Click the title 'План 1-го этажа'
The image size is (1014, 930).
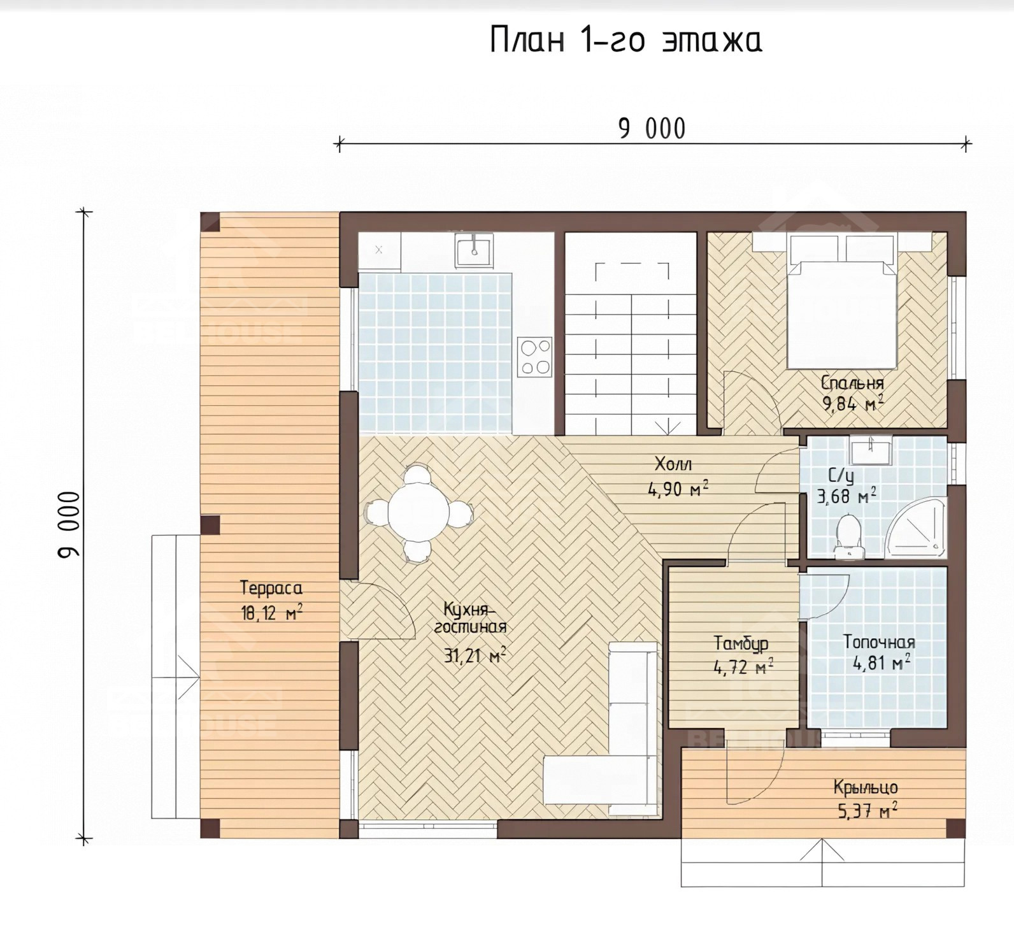coord(626,41)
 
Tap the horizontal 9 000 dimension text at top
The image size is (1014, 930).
coord(652,129)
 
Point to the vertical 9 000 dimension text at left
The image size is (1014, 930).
coord(69,524)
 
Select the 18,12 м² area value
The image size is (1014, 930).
coord(271,613)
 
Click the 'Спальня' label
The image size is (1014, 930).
coord(852,383)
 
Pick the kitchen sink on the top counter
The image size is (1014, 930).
coord(473,250)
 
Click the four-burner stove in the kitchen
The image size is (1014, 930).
coord(534,357)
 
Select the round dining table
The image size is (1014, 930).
coord(418,511)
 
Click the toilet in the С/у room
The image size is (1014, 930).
coord(848,536)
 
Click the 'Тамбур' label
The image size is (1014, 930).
coord(741,643)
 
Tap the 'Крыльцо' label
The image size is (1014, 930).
coord(866,789)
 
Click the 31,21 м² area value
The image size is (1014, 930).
coord(475,655)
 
